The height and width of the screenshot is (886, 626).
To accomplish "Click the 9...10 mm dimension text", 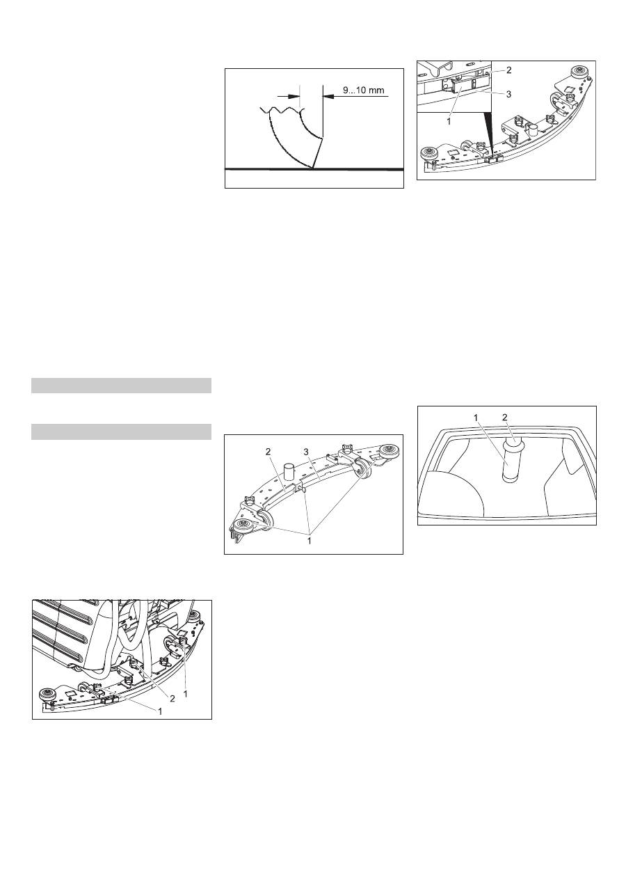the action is pyautogui.click(x=363, y=90).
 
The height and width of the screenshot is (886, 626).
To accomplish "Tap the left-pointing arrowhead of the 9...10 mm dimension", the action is pyautogui.click(x=328, y=96).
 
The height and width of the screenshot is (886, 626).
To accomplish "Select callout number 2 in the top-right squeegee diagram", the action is pyautogui.click(x=508, y=70).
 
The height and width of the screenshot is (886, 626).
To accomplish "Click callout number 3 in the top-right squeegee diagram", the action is pyautogui.click(x=508, y=94).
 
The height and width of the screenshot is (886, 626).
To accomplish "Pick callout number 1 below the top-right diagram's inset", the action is pyautogui.click(x=449, y=122).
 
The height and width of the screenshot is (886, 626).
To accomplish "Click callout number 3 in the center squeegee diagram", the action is pyautogui.click(x=306, y=451).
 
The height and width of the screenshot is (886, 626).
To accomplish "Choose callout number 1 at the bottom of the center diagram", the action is pyautogui.click(x=310, y=540).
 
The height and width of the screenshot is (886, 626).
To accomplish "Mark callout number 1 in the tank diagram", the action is pyautogui.click(x=476, y=418).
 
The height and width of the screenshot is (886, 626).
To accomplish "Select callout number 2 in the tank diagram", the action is pyautogui.click(x=505, y=418).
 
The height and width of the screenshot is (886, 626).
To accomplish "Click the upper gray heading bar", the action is pyautogui.click(x=121, y=386).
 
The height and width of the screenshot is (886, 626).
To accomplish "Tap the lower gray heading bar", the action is pyautogui.click(x=121, y=432).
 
